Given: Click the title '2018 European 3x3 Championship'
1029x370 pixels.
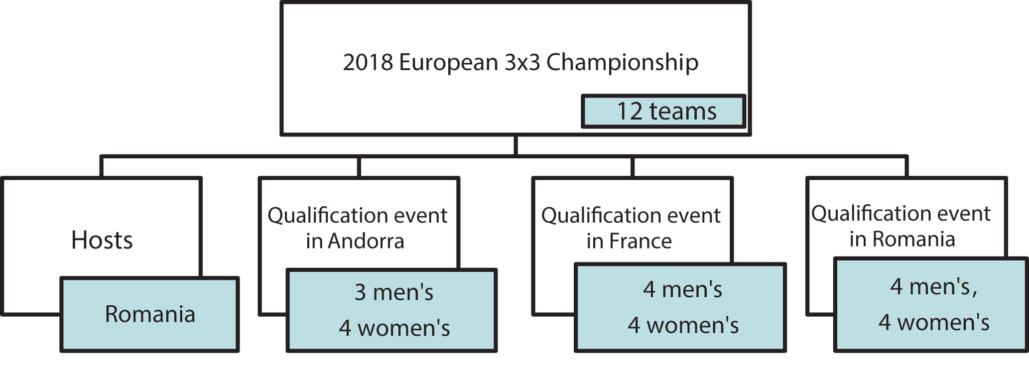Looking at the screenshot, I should click(x=520, y=63).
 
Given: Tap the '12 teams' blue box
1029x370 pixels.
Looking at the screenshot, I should click(x=663, y=111).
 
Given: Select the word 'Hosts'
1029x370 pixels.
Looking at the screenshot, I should click(x=102, y=240).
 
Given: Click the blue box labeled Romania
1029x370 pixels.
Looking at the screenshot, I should click(x=149, y=314).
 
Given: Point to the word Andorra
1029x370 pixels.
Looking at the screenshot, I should click(x=366, y=242).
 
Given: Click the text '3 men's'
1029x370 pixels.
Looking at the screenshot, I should click(x=393, y=292).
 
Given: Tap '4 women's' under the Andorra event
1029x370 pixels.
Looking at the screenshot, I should click(x=394, y=328).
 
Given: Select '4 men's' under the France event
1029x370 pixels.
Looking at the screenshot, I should click(x=682, y=289).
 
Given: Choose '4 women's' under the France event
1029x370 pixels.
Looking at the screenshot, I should click(x=683, y=325).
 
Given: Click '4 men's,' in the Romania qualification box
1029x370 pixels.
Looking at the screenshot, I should click(x=933, y=286).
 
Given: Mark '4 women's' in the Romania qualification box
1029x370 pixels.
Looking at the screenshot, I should click(x=933, y=322).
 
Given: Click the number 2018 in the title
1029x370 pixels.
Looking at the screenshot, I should click(x=368, y=63).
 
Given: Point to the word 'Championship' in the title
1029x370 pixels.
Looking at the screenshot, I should click(x=622, y=63).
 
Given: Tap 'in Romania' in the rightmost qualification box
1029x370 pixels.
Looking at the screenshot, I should click(x=902, y=239).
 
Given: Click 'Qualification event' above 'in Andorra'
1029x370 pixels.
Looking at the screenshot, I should click(x=357, y=216).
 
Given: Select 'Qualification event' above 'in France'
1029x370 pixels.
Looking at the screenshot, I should click(x=631, y=216).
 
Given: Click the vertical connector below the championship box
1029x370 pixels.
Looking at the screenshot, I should click(x=515, y=145).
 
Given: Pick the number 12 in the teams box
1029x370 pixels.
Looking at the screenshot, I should click(x=630, y=111).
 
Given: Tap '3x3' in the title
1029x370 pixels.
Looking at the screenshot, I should click(x=522, y=63).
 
